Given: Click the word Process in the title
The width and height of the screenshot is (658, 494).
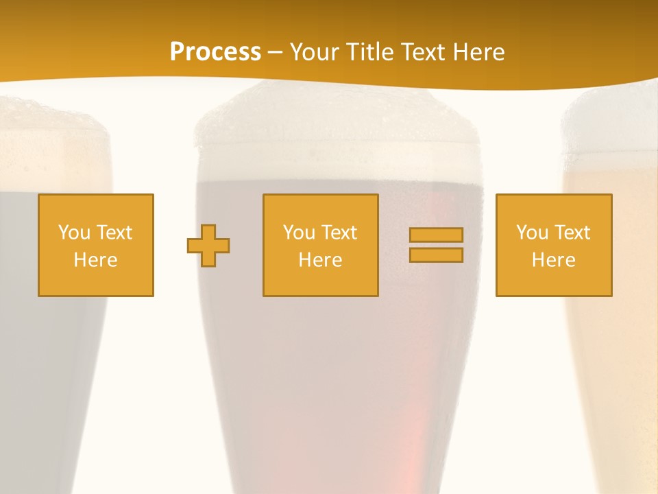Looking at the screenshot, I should pyautogui.click(x=215, y=51).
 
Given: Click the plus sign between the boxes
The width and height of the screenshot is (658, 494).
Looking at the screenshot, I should pyautogui.click(x=208, y=246).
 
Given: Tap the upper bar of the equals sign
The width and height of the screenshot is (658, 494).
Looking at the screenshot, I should pyautogui.click(x=436, y=235).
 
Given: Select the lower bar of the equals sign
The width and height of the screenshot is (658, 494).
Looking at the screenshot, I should pyautogui.click(x=436, y=255).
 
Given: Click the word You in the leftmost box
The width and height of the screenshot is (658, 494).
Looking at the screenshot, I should pyautogui.click(x=74, y=233).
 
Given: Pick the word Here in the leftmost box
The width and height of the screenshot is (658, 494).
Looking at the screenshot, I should pyautogui.click(x=96, y=260).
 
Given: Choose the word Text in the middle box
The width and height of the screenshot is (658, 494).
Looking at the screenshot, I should pyautogui.click(x=339, y=233).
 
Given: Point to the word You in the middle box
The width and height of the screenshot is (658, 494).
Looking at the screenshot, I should pyautogui.click(x=299, y=233).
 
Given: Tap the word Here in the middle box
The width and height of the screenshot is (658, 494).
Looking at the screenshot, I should pyautogui.click(x=321, y=260).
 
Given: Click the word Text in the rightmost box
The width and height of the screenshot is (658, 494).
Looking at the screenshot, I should pyautogui.click(x=572, y=233).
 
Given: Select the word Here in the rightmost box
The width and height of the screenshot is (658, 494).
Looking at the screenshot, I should pyautogui.click(x=554, y=260).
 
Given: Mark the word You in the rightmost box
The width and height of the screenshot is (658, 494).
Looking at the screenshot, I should pyautogui.click(x=532, y=233).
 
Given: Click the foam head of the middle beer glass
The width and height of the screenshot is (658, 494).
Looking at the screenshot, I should pyautogui.click(x=336, y=130).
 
